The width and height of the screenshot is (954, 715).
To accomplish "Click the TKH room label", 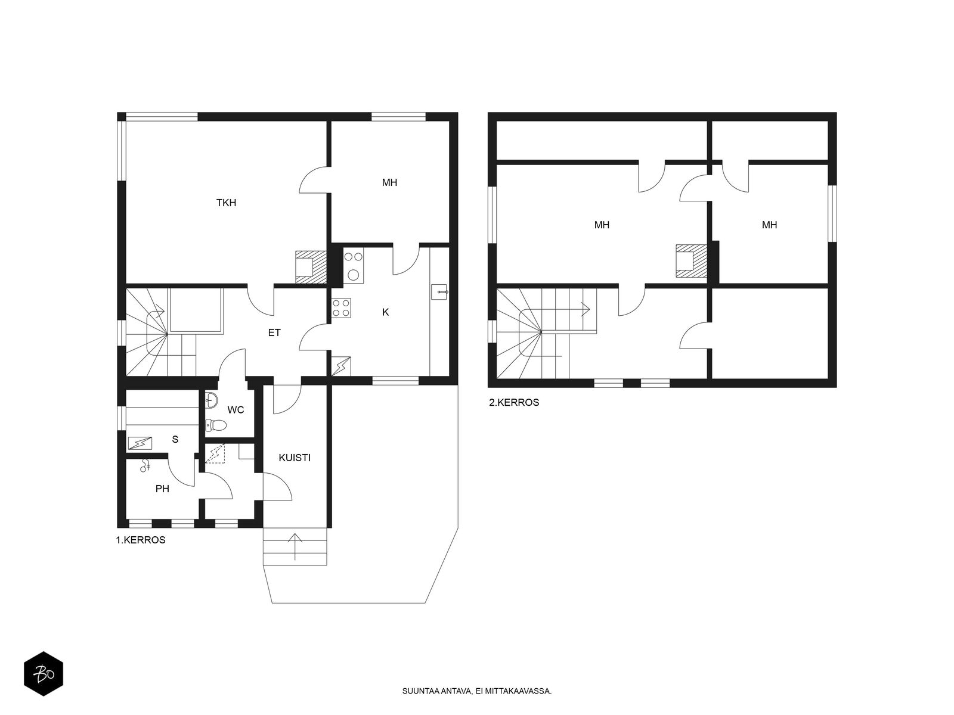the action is [226, 203].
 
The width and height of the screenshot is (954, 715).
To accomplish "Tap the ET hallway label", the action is [274, 332].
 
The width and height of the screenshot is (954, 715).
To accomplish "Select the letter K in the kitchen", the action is [386, 312].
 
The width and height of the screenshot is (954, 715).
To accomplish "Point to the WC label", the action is [236, 410].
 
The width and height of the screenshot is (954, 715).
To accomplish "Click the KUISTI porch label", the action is [295, 458].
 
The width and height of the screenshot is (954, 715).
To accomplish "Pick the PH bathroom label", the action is [162, 489].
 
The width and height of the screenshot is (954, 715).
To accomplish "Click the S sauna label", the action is [175, 439].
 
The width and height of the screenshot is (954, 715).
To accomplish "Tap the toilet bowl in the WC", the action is [216, 425].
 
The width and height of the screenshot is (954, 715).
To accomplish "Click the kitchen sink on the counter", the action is [439, 292].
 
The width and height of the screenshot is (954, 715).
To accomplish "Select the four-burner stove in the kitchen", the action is [341, 308].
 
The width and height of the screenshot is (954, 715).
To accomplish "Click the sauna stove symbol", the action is [140, 443].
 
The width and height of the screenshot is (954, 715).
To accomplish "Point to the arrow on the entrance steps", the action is [295, 546].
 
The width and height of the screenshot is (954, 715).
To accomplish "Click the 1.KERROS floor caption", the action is [140, 540].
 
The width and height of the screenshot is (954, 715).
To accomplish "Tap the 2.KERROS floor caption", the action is [514, 402].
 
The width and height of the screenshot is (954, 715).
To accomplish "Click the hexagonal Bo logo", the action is [44, 674].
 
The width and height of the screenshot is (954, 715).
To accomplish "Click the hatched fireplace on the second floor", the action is [691, 261].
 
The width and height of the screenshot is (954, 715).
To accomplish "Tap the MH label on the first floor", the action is [389, 183].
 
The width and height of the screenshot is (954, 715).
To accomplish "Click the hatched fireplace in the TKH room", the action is [311, 267].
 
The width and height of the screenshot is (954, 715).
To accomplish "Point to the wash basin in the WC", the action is [212, 400].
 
